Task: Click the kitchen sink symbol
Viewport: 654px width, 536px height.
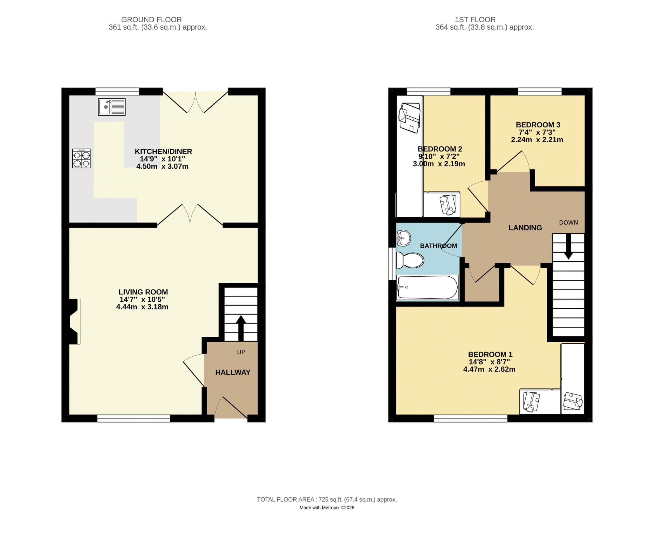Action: (111, 107)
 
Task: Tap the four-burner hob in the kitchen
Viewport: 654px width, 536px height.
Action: (81, 158)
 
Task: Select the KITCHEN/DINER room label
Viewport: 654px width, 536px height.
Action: (163, 151)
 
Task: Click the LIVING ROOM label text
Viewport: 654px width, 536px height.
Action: (143, 292)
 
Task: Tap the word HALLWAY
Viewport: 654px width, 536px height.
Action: (233, 372)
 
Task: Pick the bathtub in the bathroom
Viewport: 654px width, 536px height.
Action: (427, 288)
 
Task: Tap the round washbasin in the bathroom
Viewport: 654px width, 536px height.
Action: (403, 238)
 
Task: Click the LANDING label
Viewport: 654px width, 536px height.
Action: (525, 228)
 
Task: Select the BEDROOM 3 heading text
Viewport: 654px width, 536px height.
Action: (538, 125)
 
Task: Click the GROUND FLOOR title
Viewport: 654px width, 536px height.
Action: (151, 20)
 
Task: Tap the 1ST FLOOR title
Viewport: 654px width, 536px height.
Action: (475, 20)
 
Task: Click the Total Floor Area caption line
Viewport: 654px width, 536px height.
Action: (327, 499)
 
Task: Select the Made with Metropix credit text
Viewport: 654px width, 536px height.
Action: (327, 508)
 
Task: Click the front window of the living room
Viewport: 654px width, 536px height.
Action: (134, 418)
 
